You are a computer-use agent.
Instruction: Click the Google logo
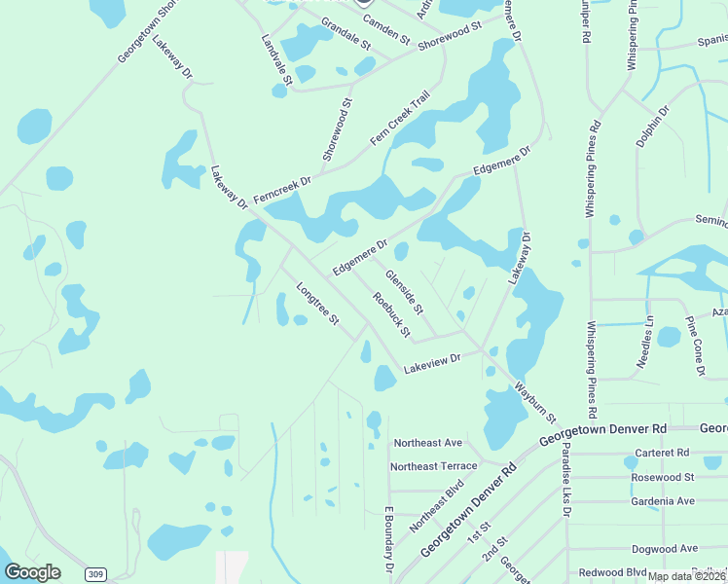pos(32,572)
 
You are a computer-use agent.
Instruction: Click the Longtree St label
pos(317,304)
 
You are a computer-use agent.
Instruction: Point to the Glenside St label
pos(404,292)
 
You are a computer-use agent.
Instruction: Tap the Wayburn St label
pos(534,404)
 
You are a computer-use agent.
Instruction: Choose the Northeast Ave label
pos(426,443)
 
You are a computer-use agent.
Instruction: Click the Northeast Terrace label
pos(433,466)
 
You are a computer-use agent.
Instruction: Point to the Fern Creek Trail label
pos(400,119)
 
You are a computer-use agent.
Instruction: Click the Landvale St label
pos(276,57)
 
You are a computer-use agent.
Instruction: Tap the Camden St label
pos(392,31)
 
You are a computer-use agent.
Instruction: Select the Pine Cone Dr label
pos(695,346)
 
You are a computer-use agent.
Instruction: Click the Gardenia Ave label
pos(663,500)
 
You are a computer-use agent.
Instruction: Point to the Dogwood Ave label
pos(664,549)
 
